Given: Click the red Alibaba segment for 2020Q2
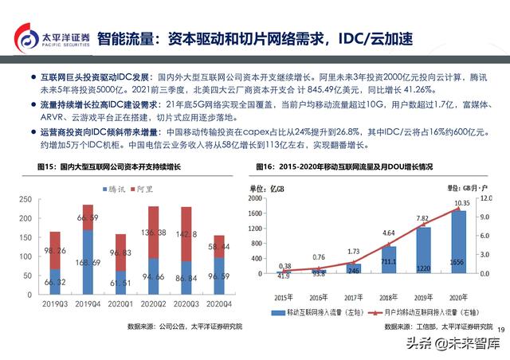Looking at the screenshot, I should pos(155,232).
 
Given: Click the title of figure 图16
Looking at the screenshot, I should pos(345,167).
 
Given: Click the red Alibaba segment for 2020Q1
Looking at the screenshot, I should pos(121,252).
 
